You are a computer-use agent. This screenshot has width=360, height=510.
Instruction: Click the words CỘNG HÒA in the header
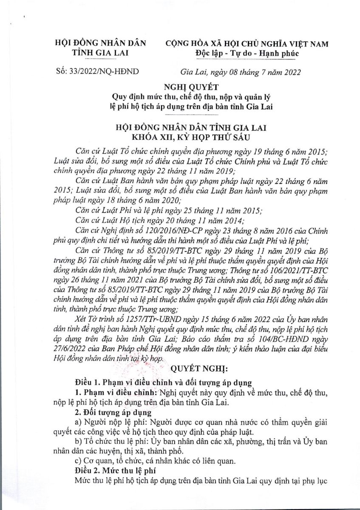(185, 44)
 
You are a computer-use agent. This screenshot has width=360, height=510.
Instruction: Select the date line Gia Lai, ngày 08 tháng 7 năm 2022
(240, 71)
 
